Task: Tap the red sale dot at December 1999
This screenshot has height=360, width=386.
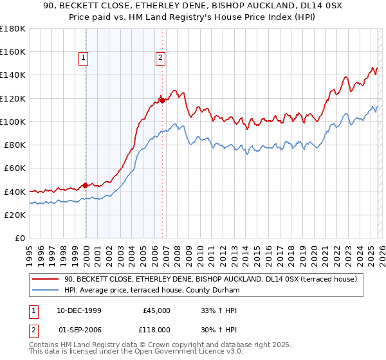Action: pyautogui.click(x=86, y=186)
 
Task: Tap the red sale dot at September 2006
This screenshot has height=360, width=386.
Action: pyautogui.click(x=162, y=100)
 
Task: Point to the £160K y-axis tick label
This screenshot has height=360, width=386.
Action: pyautogui.click(x=13, y=51)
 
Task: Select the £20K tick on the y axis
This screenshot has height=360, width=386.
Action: pyautogui.click(x=15, y=215)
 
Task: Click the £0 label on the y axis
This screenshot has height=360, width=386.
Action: pyautogui.click(x=19, y=238)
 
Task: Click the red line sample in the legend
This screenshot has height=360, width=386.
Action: pyautogui.click(x=46, y=279)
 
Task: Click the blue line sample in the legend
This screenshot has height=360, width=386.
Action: pyautogui.click(x=46, y=291)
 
